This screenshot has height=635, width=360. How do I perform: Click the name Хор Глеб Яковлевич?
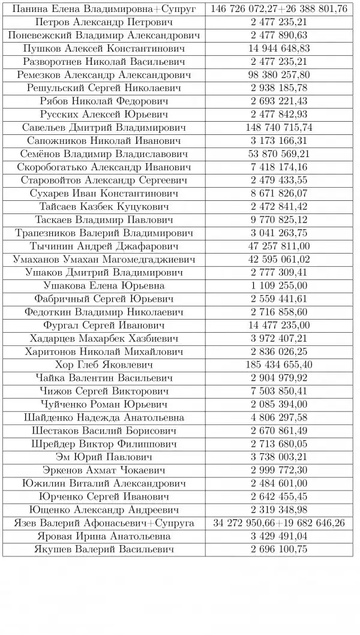pyautogui.click(x=104, y=365)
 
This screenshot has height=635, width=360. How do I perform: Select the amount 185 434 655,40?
pyautogui.click(x=279, y=365)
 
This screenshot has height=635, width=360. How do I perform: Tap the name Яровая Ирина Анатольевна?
pyautogui.click(x=104, y=536)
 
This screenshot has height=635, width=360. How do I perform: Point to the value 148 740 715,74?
pyautogui.click(x=279, y=127)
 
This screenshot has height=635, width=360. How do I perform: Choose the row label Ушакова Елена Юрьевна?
pyautogui.click(x=104, y=285)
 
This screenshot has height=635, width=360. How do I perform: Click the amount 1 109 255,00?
pyautogui.click(x=279, y=285)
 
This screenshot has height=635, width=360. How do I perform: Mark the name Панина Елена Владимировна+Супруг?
pyautogui.click(x=104, y=8)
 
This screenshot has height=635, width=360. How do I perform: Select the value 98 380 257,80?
pyautogui.click(x=279, y=74)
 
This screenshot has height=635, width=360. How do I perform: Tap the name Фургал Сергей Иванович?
pyautogui.click(x=104, y=325)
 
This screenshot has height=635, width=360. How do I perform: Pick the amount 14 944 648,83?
pyautogui.click(x=279, y=48)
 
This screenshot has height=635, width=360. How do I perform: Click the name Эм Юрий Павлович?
pyautogui.click(x=104, y=457)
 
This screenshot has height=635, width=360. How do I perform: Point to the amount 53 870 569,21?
pyautogui.click(x=279, y=154)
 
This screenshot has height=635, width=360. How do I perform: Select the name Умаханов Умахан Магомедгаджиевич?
pyautogui.click(x=104, y=259)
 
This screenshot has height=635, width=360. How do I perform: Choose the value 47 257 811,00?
pyautogui.click(x=279, y=246)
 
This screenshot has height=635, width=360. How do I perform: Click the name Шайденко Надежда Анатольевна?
pyautogui.click(x=104, y=417)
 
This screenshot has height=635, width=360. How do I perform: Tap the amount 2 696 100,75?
pyautogui.click(x=279, y=549)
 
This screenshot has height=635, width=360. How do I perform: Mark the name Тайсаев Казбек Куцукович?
pyautogui.click(x=104, y=206)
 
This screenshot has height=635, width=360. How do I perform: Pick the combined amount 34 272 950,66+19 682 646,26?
pyautogui.click(x=279, y=523)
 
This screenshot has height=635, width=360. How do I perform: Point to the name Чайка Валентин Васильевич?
pyautogui.click(x=104, y=378)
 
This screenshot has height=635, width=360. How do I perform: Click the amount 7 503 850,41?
pyautogui.click(x=279, y=391)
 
